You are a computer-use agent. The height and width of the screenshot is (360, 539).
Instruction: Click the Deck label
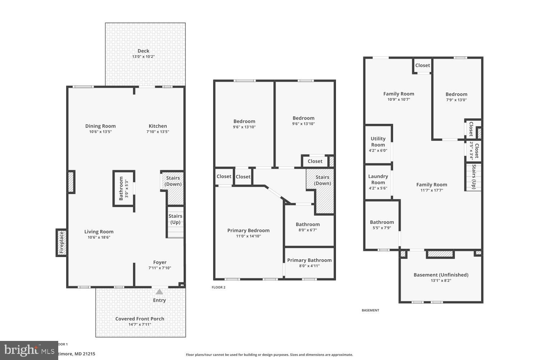(x=143, y=51)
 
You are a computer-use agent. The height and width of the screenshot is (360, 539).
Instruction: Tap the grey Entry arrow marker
(x=159, y=292)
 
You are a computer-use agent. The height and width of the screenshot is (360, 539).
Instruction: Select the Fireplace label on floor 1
(x=61, y=243)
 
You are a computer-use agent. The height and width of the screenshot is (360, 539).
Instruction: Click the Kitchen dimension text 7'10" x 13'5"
(x=157, y=132)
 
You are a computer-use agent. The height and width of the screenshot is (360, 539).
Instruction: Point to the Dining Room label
(x=100, y=126)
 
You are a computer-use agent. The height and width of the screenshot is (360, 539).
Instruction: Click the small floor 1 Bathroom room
(x=124, y=188)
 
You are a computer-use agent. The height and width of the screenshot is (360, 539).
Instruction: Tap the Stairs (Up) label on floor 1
(x=175, y=219)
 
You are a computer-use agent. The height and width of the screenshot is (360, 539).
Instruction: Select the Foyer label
(x=160, y=262)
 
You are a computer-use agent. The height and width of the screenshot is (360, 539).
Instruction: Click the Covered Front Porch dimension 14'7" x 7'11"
(x=140, y=324)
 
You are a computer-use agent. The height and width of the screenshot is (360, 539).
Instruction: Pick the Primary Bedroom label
(x=248, y=230)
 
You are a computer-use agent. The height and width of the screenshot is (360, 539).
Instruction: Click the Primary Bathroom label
(x=309, y=260)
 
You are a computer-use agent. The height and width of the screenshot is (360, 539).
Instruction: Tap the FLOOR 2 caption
(x=218, y=287)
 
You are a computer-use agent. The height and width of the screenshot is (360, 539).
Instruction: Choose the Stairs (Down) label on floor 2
(x=322, y=180)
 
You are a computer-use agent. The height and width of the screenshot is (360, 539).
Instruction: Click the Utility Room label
(x=378, y=141)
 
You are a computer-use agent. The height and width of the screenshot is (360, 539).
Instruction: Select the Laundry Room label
(x=378, y=179)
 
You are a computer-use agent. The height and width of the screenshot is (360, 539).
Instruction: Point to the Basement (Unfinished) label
(x=441, y=275)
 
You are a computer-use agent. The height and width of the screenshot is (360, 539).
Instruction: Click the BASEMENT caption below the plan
(x=370, y=310)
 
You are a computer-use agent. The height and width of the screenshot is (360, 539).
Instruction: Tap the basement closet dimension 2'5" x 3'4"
(x=471, y=150)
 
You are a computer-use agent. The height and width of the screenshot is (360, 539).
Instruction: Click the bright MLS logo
(x=29, y=350)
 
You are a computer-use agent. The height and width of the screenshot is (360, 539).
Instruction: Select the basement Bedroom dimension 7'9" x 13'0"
(x=456, y=100)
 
